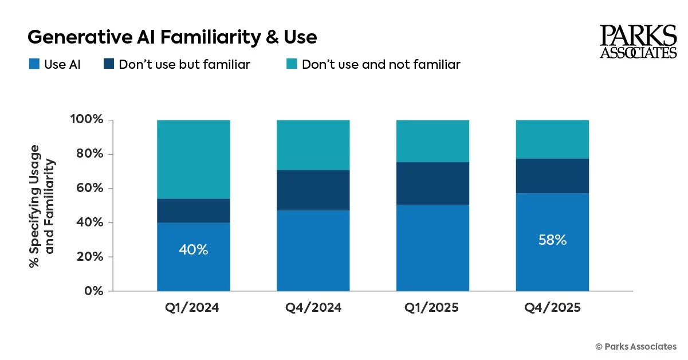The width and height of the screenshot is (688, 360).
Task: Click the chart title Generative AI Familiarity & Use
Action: (x=172, y=37)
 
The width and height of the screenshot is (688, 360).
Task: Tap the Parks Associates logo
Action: (x=638, y=42)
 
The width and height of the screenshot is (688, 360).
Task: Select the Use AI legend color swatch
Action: (x=34, y=64)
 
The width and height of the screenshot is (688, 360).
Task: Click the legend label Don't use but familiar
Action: (x=184, y=64)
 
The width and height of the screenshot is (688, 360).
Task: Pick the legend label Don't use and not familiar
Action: (x=380, y=64)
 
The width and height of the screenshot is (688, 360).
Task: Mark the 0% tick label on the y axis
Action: (x=93, y=291)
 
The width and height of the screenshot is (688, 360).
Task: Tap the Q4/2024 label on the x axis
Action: (x=313, y=308)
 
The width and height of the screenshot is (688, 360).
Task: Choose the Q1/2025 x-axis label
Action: (x=433, y=308)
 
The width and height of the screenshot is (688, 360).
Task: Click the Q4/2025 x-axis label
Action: (x=552, y=308)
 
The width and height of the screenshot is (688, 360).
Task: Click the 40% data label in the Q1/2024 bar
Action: (x=194, y=250)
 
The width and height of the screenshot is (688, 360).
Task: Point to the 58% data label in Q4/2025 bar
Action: (x=552, y=240)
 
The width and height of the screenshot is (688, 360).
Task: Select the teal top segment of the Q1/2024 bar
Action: (x=194, y=159)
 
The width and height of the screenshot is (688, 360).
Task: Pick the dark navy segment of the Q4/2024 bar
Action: (x=313, y=190)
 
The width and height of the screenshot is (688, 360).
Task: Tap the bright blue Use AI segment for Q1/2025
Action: (x=433, y=248)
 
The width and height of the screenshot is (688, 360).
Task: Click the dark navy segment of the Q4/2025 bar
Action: (x=552, y=176)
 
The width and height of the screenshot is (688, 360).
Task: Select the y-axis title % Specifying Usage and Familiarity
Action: (x=42, y=205)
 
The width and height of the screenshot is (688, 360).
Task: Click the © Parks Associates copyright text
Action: (x=636, y=346)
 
